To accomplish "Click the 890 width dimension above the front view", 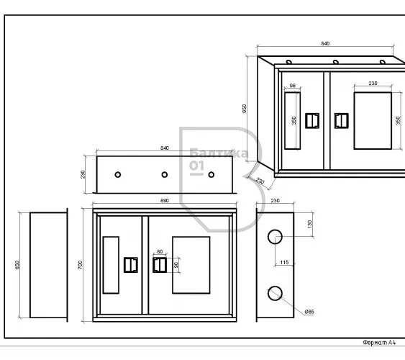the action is (x=165, y=201).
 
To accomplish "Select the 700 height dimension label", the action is (x=80, y=265).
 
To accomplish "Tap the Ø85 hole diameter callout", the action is (x=309, y=312).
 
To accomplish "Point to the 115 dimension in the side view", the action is (x=284, y=262).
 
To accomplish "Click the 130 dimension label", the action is (x=310, y=224).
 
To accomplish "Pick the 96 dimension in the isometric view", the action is (x=292, y=86).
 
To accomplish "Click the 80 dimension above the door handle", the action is (x=160, y=252).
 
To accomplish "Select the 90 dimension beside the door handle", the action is (x=176, y=265).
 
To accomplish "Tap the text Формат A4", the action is (x=379, y=343).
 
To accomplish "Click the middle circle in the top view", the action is (x=165, y=175).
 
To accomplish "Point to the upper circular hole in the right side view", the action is (x=275, y=237).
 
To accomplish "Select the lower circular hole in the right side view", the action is (x=275, y=293).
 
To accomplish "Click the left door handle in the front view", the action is (x=131, y=265).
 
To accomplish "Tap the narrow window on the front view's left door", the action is (x=111, y=265).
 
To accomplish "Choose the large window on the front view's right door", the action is (x=191, y=265).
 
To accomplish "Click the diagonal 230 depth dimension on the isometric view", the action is (x=260, y=181).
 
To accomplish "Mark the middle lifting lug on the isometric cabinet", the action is (x=336, y=62).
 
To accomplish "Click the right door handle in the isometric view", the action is (x=342, y=121).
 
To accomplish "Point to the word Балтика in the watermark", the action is (x=219, y=153).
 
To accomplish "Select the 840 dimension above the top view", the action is (x=165, y=148).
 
